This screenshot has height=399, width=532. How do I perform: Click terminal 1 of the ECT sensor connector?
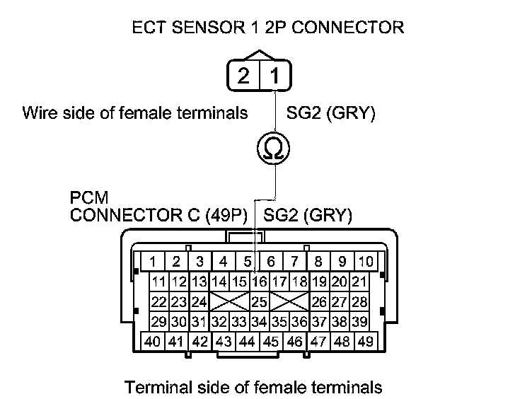274,75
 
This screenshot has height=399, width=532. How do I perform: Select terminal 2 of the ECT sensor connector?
243,75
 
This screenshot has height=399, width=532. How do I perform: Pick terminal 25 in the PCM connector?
260,302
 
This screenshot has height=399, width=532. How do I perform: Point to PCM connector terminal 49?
366,341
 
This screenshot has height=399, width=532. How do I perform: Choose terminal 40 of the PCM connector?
152,341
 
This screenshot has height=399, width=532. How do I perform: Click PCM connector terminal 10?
365,261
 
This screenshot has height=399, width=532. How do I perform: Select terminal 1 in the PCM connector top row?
152,261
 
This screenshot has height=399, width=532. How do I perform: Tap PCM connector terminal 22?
159,302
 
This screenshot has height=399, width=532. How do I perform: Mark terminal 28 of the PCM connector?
360,302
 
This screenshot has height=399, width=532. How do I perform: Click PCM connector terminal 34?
260,322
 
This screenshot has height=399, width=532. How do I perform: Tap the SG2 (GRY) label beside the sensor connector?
330,112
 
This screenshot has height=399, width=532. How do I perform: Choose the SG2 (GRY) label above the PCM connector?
308,216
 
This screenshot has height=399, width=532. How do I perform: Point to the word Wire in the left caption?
39,112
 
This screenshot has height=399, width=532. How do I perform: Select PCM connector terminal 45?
270,341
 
